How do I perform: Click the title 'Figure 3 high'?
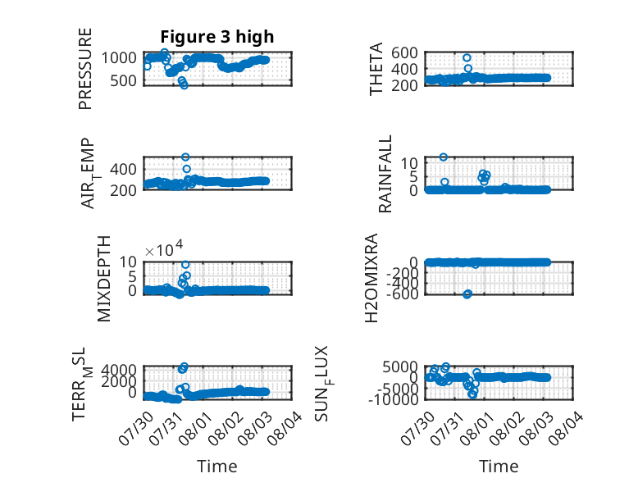(x=216, y=37)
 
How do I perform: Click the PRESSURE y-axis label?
(x=85, y=69)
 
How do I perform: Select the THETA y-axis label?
(x=376, y=69)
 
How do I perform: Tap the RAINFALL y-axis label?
(x=385, y=174)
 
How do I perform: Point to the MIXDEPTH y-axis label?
(x=104, y=279)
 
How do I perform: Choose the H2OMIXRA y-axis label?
(x=371, y=278)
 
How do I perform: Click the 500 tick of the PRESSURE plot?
(x=123, y=80)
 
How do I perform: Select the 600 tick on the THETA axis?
(x=404, y=52)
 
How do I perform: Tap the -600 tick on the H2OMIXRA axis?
(x=402, y=294)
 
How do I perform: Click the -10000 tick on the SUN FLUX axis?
(x=393, y=400)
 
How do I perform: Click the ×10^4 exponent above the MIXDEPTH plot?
(x=164, y=248)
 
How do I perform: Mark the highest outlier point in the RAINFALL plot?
(x=444, y=157)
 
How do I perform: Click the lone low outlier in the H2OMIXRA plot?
(x=467, y=294)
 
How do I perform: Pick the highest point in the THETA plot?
(x=467, y=57)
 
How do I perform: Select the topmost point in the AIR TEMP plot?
(x=185, y=157)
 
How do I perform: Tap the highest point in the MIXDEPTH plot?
(x=185, y=265)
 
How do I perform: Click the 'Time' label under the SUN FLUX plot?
(x=499, y=466)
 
